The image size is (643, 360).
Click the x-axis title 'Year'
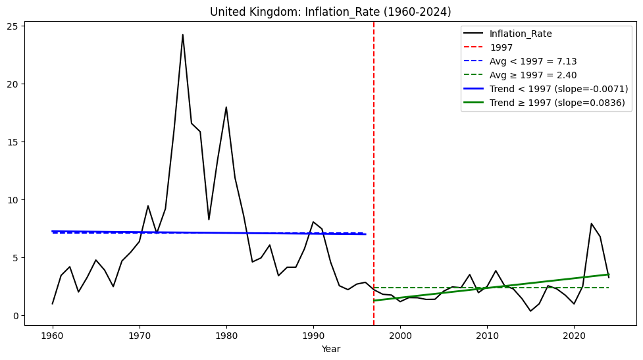[330, 349]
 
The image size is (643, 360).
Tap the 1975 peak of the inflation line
[183, 35]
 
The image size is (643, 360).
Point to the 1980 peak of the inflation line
[226, 107]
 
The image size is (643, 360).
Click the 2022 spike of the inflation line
[591, 224]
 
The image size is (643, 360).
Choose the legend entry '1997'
[502, 47]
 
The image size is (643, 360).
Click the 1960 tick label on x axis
[53, 336]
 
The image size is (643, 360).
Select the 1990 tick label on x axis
[313, 336]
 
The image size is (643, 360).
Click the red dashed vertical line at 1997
[374, 165]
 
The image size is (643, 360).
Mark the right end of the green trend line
[608, 274]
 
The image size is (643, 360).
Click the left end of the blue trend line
[53, 232]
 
